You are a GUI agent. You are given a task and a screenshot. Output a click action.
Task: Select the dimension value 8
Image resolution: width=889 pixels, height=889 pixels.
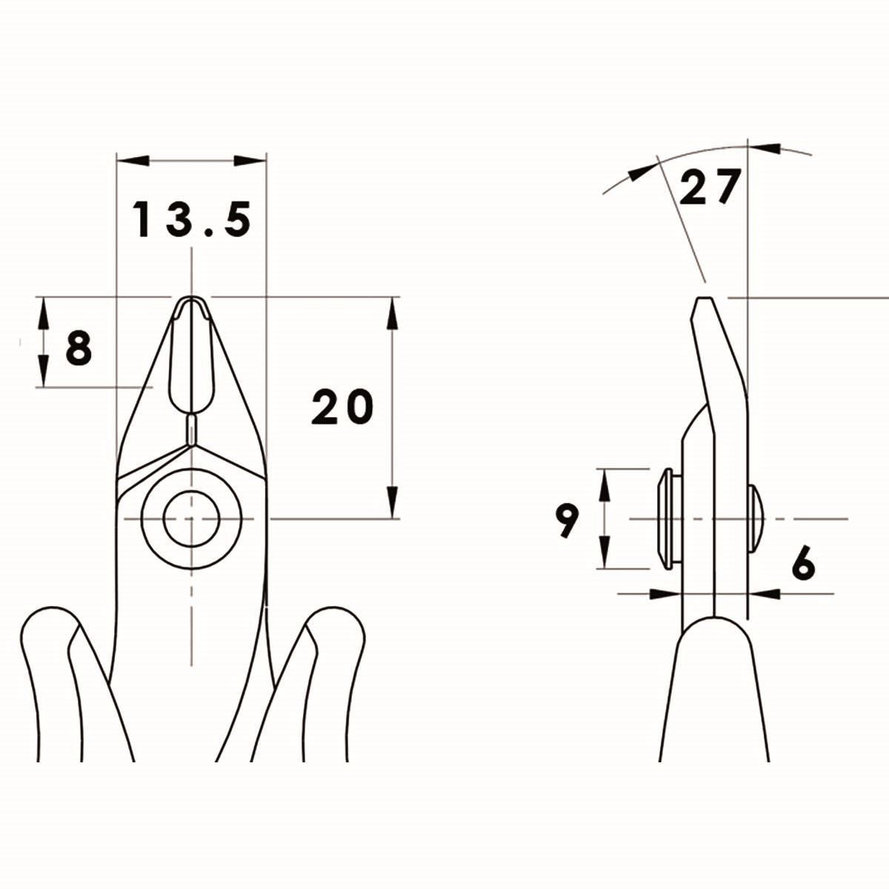click(x=79, y=348)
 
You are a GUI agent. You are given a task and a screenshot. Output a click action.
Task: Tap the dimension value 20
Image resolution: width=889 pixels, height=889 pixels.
click(x=342, y=407)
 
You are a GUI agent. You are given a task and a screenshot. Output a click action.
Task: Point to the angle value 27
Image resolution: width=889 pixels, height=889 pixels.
click(x=710, y=187)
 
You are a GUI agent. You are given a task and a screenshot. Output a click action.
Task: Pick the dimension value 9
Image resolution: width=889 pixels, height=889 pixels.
click(x=567, y=521)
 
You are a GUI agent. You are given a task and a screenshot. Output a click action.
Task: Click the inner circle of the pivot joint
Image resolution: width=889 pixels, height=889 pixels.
click(x=191, y=519)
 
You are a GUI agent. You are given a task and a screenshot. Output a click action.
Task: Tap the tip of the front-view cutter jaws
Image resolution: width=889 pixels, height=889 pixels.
click(x=192, y=299)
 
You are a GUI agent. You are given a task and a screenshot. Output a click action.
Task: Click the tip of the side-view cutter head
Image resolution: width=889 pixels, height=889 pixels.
click(x=703, y=299)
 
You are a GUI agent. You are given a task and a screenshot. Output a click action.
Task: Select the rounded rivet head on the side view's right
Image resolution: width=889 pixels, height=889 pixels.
click(x=756, y=518)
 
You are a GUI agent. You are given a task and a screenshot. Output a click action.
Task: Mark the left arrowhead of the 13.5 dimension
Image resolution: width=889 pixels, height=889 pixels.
click(x=133, y=160)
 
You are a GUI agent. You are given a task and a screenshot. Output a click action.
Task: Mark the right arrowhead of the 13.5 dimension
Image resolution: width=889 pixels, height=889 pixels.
click(x=250, y=160)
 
